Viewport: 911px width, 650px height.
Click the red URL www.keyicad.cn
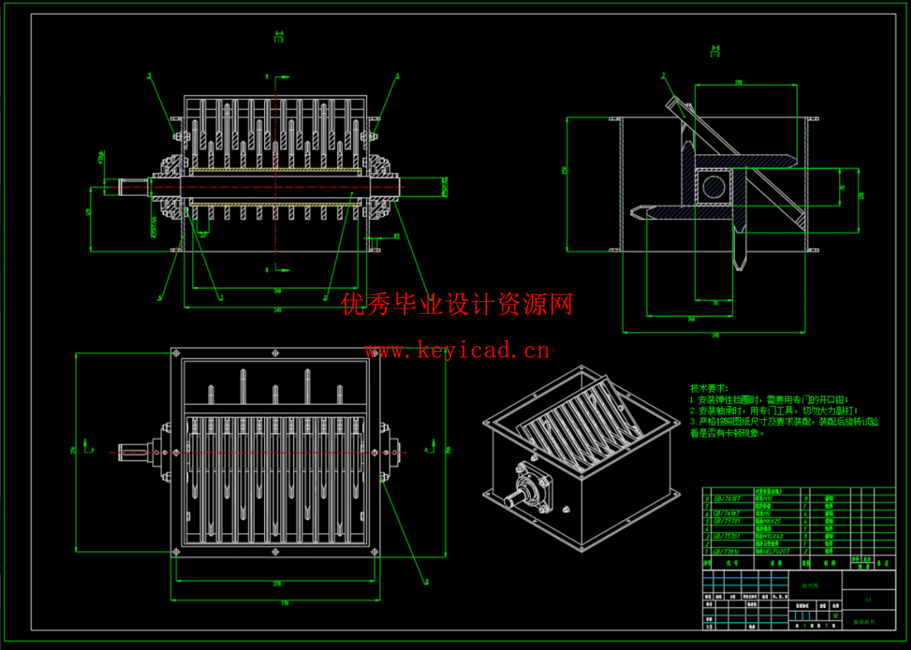click(x=457, y=351)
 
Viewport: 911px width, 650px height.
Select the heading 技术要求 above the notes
click(x=708, y=388)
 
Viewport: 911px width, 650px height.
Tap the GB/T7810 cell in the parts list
click(x=727, y=552)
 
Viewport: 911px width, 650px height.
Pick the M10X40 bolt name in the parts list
click(x=769, y=536)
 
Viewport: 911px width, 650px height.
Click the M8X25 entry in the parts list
click(x=768, y=521)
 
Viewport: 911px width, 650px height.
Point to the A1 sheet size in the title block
click(x=868, y=599)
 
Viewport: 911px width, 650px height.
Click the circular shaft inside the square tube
click(x=714, y=186)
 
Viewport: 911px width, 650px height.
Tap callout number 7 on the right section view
click(x=663, y=76)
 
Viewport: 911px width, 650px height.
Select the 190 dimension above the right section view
click(x=739, y=83)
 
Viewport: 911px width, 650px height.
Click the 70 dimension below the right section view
click(x=715, y=303)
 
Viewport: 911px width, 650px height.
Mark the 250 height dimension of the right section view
click(x=564, y=170)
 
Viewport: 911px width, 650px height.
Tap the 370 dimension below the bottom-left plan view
click(x=277, y=584)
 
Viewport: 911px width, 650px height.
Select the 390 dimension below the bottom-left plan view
click(x=284, y=602)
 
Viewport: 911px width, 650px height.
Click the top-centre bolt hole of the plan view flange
click(x=275, y=353)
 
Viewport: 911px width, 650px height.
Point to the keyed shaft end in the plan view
click(x=131, y=452)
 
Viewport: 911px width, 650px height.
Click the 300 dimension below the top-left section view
click(x=277, y=291)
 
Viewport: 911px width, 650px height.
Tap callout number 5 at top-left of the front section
click(x=149, y=76)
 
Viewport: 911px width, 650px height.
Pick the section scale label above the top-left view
click(x=279, y=37)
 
